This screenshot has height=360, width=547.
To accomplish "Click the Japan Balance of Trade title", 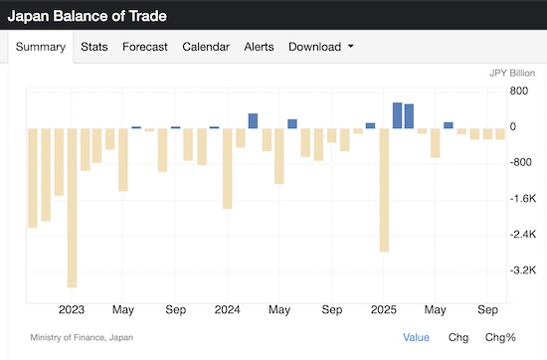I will (x=89, y=17).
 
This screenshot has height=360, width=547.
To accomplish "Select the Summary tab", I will (x=41, y=47).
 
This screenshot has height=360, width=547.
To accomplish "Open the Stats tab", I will (x=94, y=47).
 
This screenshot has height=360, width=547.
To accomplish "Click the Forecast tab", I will (x=145, y=47).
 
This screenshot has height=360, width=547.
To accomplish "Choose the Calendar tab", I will (x=206, y=47).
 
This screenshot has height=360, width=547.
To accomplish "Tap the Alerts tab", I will (x=259, y=47).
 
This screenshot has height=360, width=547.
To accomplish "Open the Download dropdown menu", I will (x=320, y=47).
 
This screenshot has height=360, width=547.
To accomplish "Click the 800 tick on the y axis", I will (x=491, y=91).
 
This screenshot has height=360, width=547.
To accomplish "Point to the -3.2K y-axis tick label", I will (x=495, y=270).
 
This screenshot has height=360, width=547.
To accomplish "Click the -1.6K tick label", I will (x=495, y=199).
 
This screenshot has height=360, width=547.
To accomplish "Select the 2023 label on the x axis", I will (x=72, y=309).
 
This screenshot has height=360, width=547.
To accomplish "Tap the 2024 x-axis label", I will (x=228, y=309).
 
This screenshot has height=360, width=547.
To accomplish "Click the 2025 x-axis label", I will (x=384, y=309).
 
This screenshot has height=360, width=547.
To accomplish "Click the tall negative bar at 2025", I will (x=384, y=189).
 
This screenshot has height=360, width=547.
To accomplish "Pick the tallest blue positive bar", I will (x=397, y=115).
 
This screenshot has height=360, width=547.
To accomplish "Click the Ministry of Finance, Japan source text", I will (x=82, y=337).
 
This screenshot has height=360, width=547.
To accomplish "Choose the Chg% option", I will (x=500, y=337).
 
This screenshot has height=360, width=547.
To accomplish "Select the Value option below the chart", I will (x=417, y=337).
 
